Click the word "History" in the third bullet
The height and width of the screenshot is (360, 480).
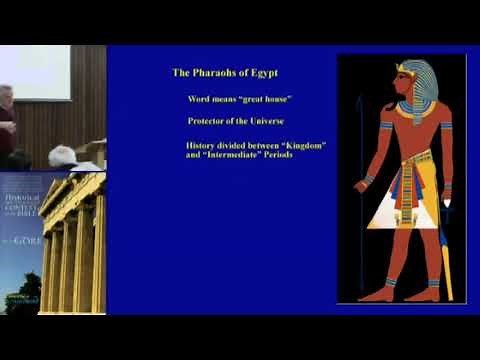[206, 146]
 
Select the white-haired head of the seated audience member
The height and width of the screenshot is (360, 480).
[63, 155]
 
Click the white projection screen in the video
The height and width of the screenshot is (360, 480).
[36, 72]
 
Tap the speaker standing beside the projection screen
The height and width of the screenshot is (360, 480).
[7, 125]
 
